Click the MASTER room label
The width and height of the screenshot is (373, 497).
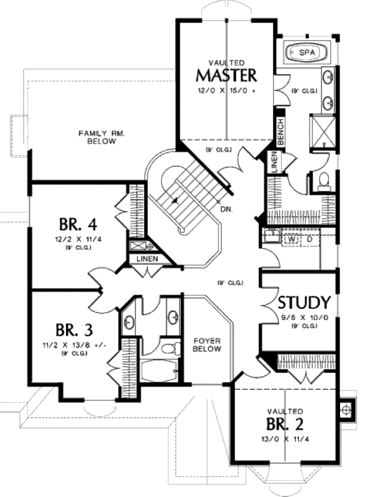click(226, 75)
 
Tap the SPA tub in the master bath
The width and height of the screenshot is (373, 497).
click(306, 53)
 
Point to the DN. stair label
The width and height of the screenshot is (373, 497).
click(226, 210)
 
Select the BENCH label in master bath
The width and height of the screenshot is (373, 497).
click(280, 132)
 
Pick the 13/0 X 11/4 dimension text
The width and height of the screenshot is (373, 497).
click(285, 440)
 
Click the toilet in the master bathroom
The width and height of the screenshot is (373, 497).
click(323, 181)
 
